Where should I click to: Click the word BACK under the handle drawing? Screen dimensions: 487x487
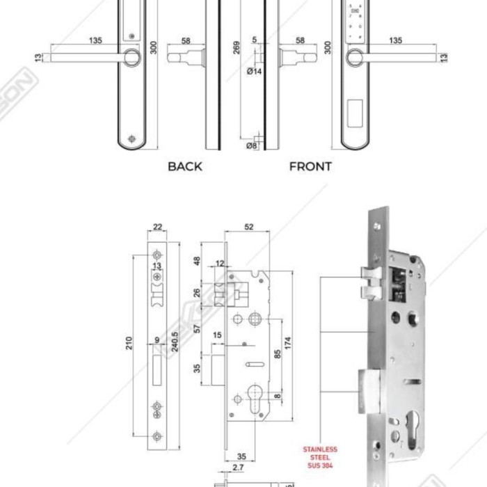185,166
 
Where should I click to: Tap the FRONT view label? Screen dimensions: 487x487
310,166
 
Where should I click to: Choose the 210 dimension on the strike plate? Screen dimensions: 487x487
129,343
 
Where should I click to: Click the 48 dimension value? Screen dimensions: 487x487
197,262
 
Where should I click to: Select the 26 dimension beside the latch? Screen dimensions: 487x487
197,293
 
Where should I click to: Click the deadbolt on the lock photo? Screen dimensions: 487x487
368,390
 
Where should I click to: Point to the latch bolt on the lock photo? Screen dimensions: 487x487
369,280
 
